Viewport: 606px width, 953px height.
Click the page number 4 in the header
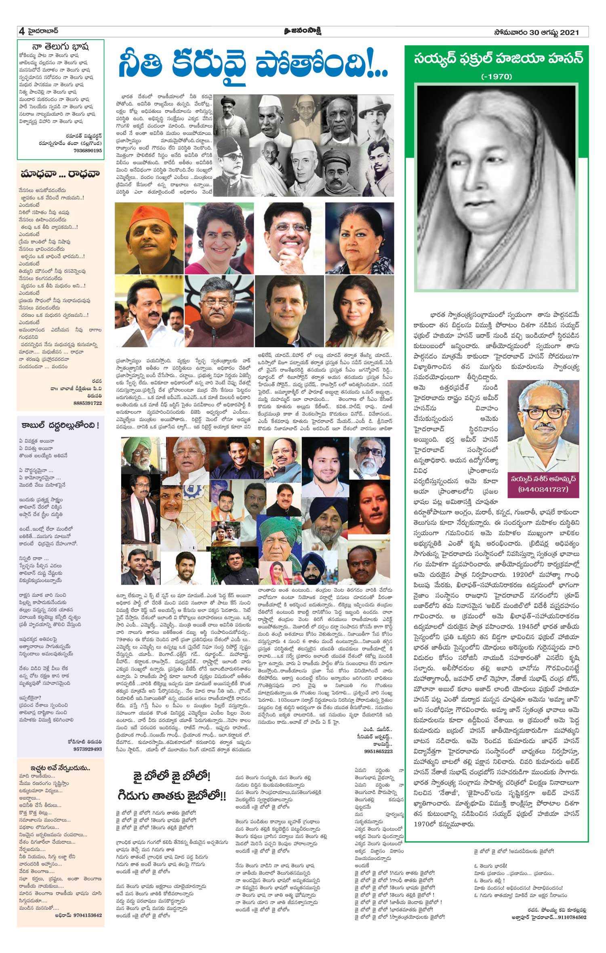(19, 32)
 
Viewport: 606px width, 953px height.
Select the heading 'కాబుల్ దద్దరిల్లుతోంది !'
(60, 425)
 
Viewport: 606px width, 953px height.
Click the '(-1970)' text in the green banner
(497, 76)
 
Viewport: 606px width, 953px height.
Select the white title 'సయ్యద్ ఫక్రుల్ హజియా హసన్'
(497, 59)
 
